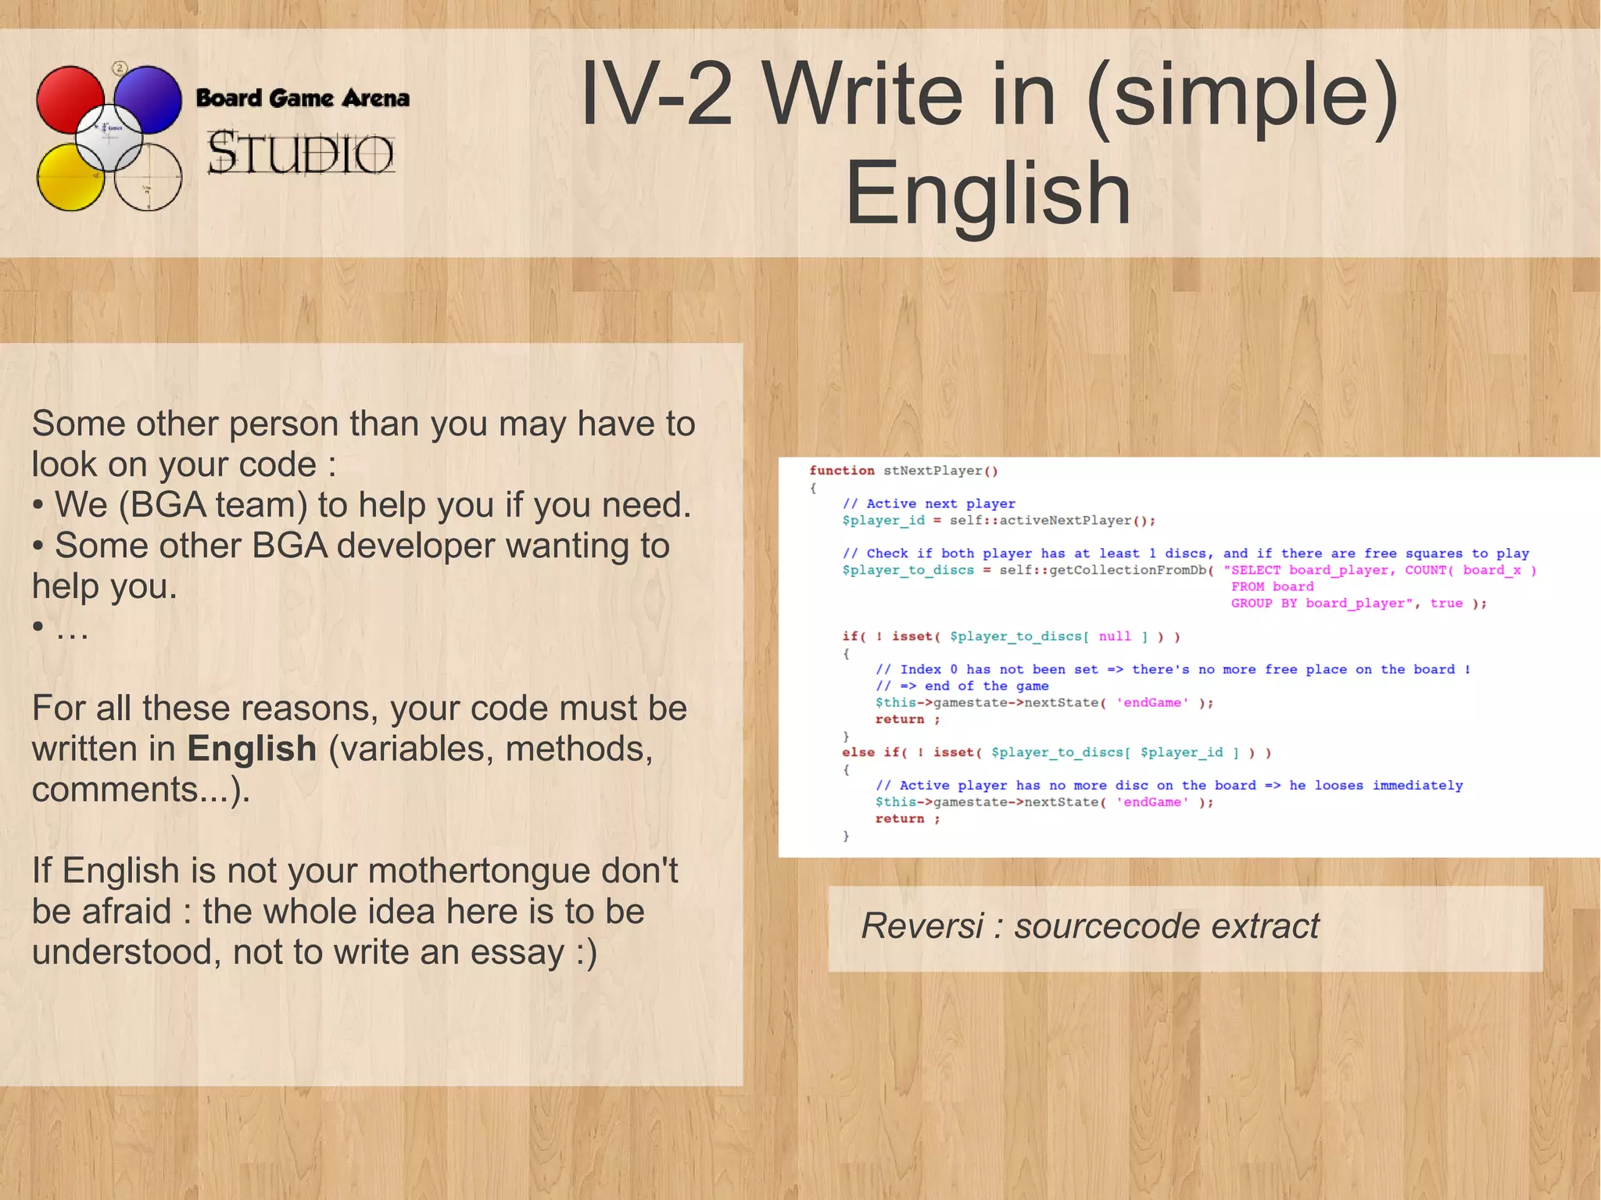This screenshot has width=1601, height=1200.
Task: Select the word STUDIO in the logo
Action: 300,152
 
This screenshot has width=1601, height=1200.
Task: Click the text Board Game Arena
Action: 303,99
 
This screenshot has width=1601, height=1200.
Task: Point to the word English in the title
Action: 988,193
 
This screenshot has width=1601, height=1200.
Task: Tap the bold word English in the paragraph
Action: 252,749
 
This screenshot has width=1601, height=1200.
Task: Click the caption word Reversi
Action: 922,926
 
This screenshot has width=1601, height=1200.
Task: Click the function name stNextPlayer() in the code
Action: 940,471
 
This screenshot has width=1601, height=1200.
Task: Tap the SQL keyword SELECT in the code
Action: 1255,570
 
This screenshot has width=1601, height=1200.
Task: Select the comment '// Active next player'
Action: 929,503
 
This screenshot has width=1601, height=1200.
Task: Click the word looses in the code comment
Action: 1338,785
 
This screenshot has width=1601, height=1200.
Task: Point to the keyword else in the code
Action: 858,752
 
